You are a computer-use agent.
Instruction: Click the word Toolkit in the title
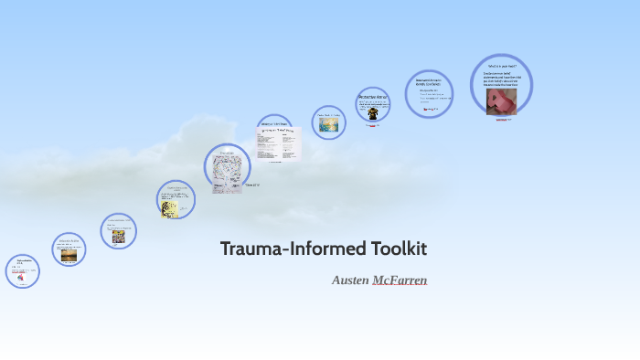click(x=399, y=249)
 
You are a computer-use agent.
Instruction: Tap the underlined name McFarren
click(x=400, y=280)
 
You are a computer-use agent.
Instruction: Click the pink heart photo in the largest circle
click(x=501, y=101)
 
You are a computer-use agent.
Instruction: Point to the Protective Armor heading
click(x=373, y=96)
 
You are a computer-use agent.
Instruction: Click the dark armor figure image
click(x=373, y=113)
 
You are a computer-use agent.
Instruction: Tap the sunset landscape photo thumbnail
click(x=69, y=256)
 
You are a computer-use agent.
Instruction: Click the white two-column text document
click(x=278, y=144)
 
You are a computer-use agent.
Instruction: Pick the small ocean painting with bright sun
click(x=328, y=124)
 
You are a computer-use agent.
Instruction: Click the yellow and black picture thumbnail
click(x=169, y=208)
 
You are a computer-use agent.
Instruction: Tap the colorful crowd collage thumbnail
click(x=119, y=236)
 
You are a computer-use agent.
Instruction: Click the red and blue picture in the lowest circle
click(x=20, y=275)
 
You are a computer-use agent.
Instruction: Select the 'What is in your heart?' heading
click(x=501, y=66)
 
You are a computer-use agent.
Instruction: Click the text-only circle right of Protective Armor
click(x=428, y=94)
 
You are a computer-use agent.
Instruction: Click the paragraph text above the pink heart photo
click(x=501, y=79)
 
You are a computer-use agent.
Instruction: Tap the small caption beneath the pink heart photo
click(x=502, y=120)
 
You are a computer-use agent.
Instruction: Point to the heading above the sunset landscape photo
click(x=69, y=241)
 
